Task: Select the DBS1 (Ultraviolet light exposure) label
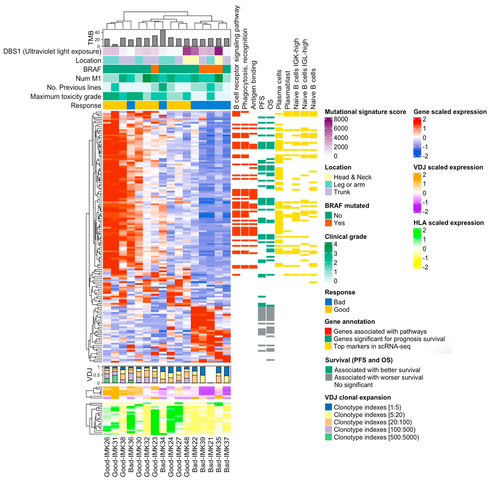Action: click(52, 52)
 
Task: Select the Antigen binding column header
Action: click(254, 85)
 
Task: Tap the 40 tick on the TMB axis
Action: click(97, 32)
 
